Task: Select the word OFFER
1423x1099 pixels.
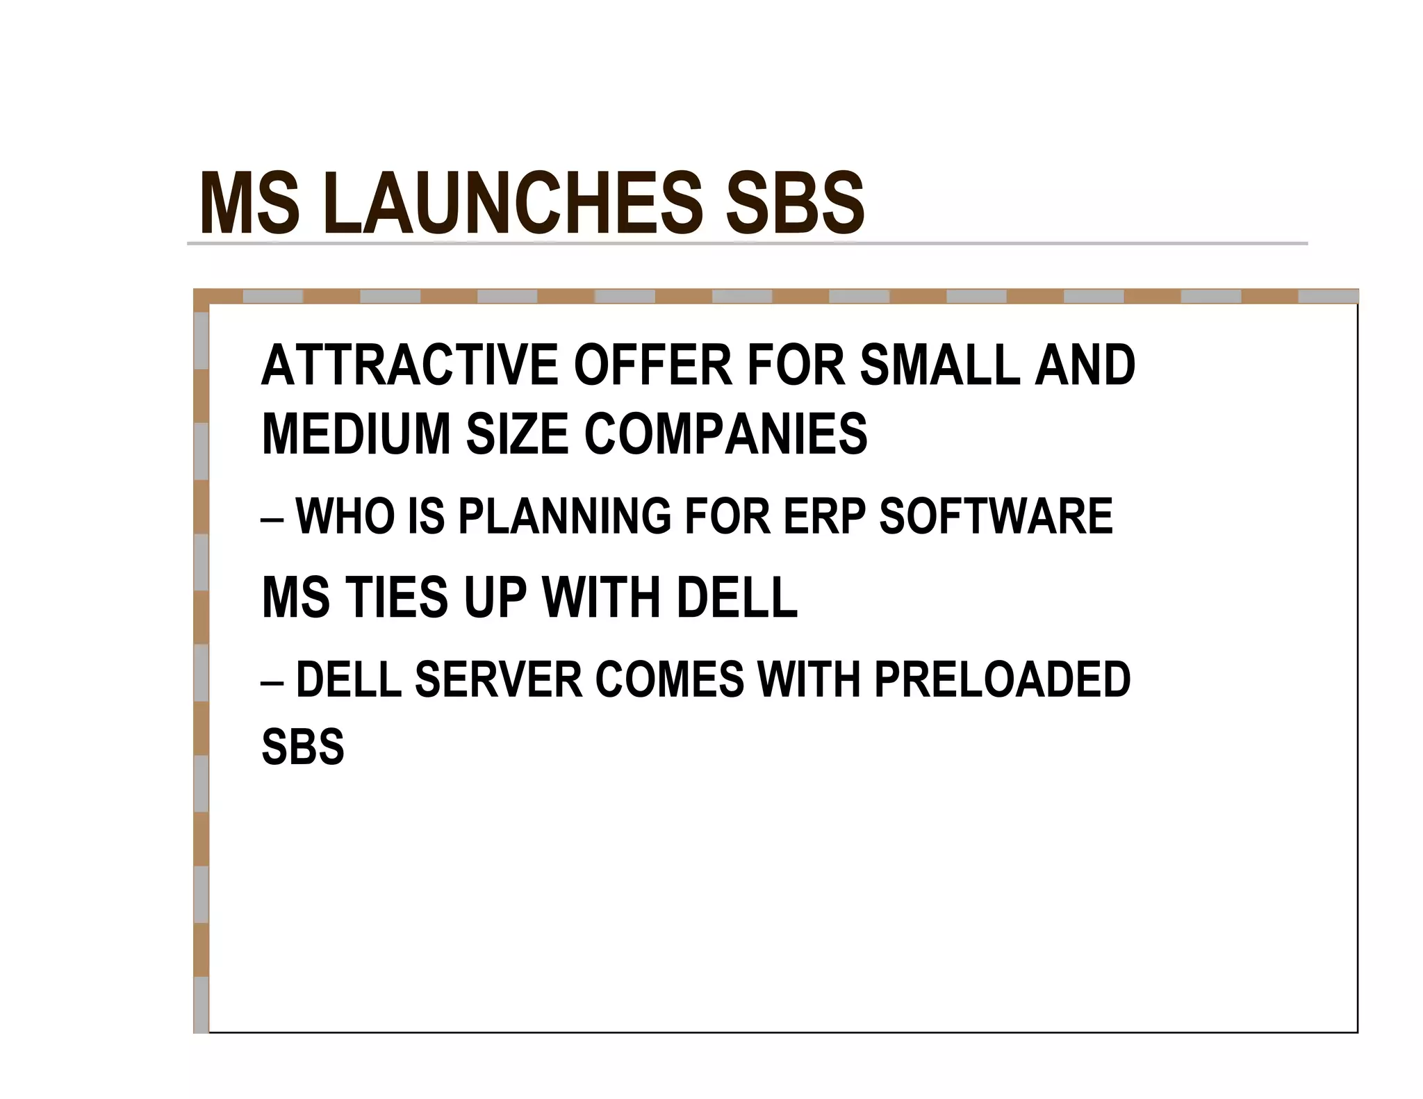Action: [652, 365]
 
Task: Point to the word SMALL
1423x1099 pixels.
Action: [939, 365]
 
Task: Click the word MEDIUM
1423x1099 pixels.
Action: [356, 434]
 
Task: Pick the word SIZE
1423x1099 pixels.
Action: [517, 434]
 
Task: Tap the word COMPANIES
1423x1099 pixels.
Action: [725, 434]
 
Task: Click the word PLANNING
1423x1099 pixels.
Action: [564, 516]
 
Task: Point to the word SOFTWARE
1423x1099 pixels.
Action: [996, 516]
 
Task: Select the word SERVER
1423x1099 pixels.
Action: [498, 679]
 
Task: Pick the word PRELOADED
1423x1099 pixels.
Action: [1002, 679]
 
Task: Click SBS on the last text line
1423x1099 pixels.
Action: [302, 747]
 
